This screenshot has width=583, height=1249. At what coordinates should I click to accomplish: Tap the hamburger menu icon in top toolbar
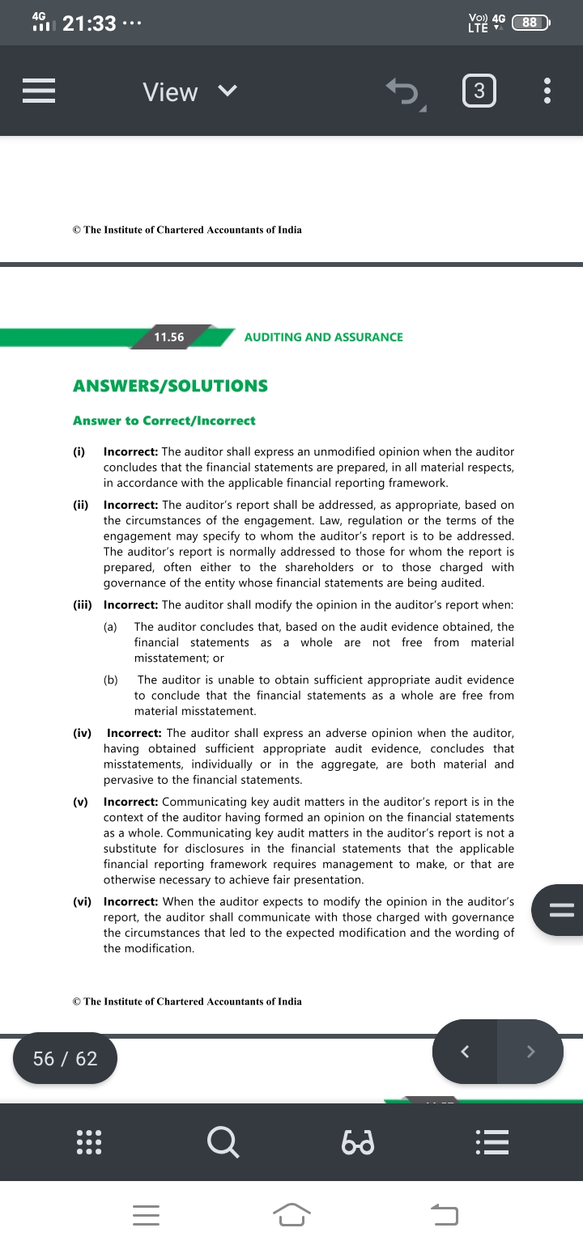(x=38, y=91)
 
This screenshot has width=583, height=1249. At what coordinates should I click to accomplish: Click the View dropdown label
(x=170, y=91)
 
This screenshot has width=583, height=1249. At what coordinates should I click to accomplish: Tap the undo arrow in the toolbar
(x=402, y=91)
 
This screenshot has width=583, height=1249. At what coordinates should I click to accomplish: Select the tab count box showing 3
(x=479, y=91)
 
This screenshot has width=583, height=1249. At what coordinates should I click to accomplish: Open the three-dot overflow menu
(x=547, y=91)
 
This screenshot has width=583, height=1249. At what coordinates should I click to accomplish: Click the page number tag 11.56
(x=169, y=337)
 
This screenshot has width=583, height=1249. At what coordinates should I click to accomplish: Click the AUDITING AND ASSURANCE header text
(x=323, y=337)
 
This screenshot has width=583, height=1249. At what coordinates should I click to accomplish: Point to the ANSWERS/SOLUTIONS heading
(x=170, y=386)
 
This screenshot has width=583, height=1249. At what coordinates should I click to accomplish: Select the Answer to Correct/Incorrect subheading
(x=164, y=421)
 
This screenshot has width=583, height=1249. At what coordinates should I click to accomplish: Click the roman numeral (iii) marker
(x=83, y=605)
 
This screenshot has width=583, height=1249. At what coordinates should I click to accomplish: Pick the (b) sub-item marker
(x=111, y=680)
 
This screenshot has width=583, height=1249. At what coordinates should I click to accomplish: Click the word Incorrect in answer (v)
(x=130, y=802)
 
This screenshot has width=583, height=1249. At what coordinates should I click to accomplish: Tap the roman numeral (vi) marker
(x=82, y=902)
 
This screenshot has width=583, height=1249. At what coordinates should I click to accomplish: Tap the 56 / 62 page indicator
(x=65, y=1058)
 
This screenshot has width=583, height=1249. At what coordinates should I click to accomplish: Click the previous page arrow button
(x=465, y=1052)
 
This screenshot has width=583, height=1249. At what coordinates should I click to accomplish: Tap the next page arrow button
(x=530, y=1052)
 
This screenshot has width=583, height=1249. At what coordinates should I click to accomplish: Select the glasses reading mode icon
(x=357, y=1143)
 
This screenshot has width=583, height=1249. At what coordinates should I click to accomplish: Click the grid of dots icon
(x=87, y=1142)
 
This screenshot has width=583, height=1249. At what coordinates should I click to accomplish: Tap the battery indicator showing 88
(x=530, y=23)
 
